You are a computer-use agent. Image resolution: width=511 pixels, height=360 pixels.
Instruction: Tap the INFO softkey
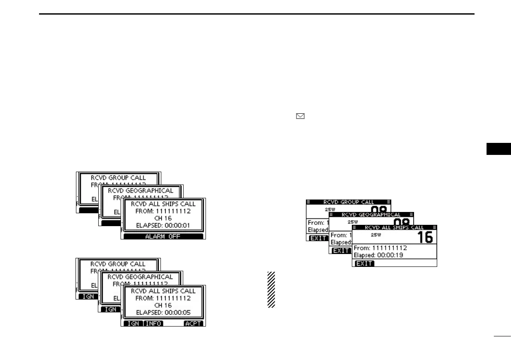coord(153,324)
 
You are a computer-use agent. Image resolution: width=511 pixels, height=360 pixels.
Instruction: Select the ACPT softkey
coord(194,324)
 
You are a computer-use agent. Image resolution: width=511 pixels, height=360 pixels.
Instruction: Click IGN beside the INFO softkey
coord(133,324)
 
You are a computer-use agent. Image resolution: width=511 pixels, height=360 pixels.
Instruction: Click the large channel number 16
coord(425,237)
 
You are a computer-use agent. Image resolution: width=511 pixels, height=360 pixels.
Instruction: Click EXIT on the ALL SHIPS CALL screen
coord(364,263)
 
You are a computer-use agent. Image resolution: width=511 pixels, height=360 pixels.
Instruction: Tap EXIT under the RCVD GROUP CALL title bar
coord(317,238)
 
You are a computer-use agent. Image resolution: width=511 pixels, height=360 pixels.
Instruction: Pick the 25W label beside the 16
coord(375,235)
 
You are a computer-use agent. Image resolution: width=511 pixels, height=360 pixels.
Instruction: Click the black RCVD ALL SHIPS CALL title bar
coord(394,227)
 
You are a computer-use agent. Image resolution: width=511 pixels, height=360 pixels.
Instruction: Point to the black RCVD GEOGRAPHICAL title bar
coord(371,215)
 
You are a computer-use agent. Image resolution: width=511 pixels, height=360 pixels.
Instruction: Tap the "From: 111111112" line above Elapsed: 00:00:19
coord(380,248)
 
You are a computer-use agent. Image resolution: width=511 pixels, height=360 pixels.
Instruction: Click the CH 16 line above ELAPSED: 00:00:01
coord(163,218)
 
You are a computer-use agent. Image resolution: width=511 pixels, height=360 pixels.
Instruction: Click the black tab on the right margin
coord(500,149)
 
